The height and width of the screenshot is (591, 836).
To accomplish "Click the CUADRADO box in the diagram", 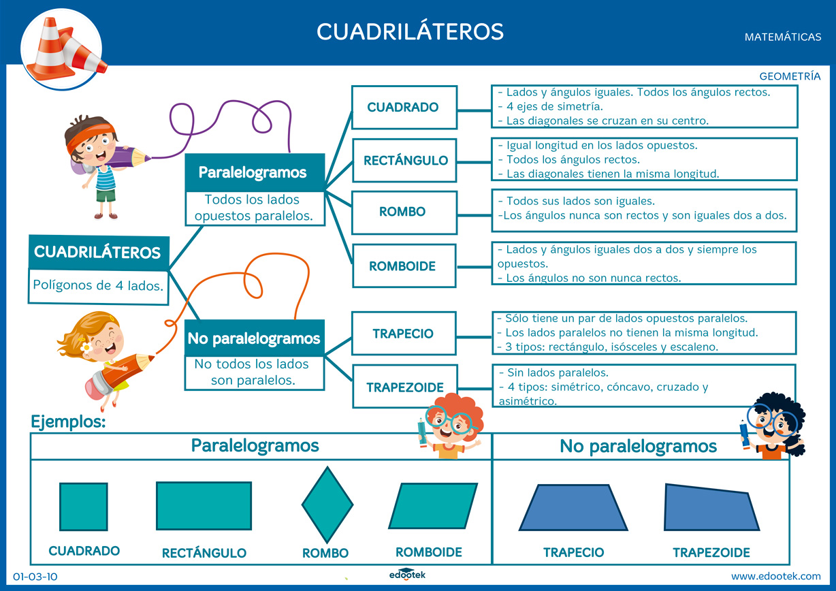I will [404, 107].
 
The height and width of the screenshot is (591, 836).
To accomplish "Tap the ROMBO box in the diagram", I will [404, 212].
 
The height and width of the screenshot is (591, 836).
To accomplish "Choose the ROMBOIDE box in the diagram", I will [404, 266].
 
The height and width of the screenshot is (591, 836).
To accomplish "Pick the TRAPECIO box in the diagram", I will [404, 334].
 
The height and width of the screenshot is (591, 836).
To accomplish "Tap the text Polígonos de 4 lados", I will [98, 285].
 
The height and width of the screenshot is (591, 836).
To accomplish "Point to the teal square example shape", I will [83, 507].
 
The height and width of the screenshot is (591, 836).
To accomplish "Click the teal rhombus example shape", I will [327, 504].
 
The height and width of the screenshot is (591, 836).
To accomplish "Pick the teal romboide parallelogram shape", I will [433, 506].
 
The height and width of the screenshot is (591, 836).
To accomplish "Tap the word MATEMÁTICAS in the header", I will [783, 37].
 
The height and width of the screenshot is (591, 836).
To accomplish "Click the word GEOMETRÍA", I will [790, 77].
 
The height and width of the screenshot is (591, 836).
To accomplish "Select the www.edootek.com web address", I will [776, 576].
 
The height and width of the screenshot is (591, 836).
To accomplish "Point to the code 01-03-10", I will [35, 577].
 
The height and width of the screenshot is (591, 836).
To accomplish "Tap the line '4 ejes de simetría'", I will [554, 106].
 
